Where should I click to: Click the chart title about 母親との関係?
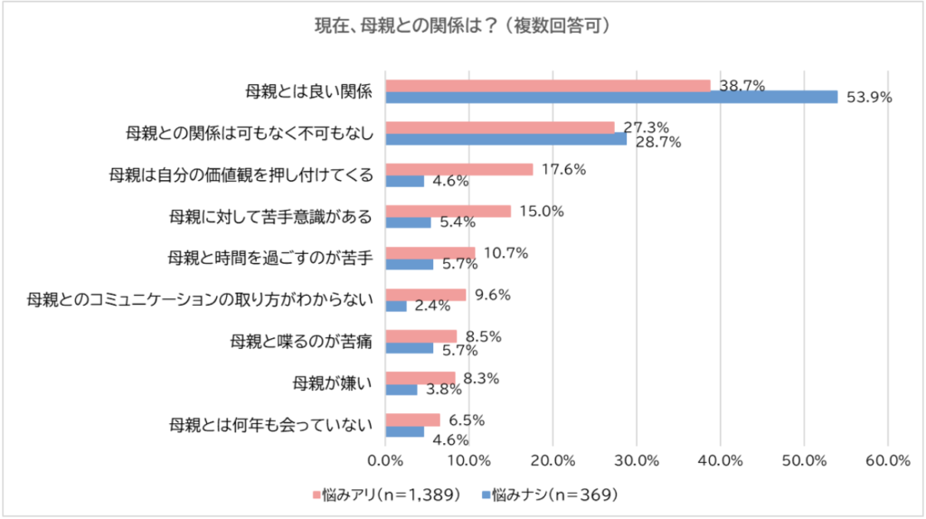click(462, 26)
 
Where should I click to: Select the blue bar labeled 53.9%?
click(611, 97)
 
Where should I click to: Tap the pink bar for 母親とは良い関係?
click(548, 85)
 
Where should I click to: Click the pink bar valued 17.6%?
click(459, 169)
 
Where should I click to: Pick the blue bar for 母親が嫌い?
click(402, 390)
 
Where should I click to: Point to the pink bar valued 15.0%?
click(449, 212)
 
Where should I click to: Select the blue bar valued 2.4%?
click(396, 307)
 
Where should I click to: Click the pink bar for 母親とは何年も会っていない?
click(412, 420)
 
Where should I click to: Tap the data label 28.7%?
click(657, 142)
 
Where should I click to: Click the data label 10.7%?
click(505, 253)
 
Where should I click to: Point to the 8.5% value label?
click(482, 336)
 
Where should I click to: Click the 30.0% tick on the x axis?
click(637, 460)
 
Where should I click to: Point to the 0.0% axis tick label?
click(386, 460)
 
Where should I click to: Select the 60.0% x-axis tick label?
click(887, 460)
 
